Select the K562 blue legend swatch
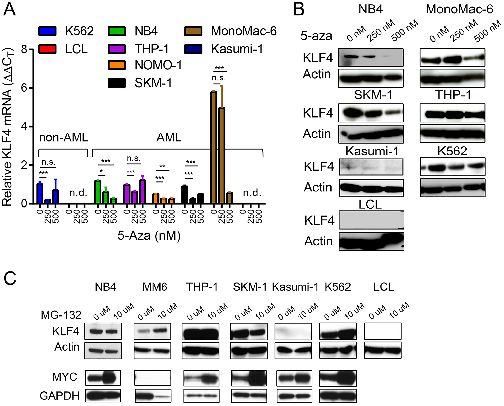(47, 31)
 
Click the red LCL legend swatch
(47, 49)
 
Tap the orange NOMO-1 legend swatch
(117, 65)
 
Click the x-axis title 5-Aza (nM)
(149, 236)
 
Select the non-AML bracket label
(64, 138)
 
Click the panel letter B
(299, 10)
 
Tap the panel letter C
(10, 279)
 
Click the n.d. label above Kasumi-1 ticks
(252, 193)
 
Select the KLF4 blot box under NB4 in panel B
(371, 58)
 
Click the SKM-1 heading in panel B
(373, 95)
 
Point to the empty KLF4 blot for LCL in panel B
(371, 220)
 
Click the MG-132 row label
(61, 315)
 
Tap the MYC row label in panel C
(65, 377)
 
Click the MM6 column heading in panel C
(154, 287)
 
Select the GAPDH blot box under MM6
(153, 396)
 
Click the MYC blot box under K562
(338, 378)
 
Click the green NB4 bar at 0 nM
(98, 192)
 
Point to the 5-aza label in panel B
(316, 36)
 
